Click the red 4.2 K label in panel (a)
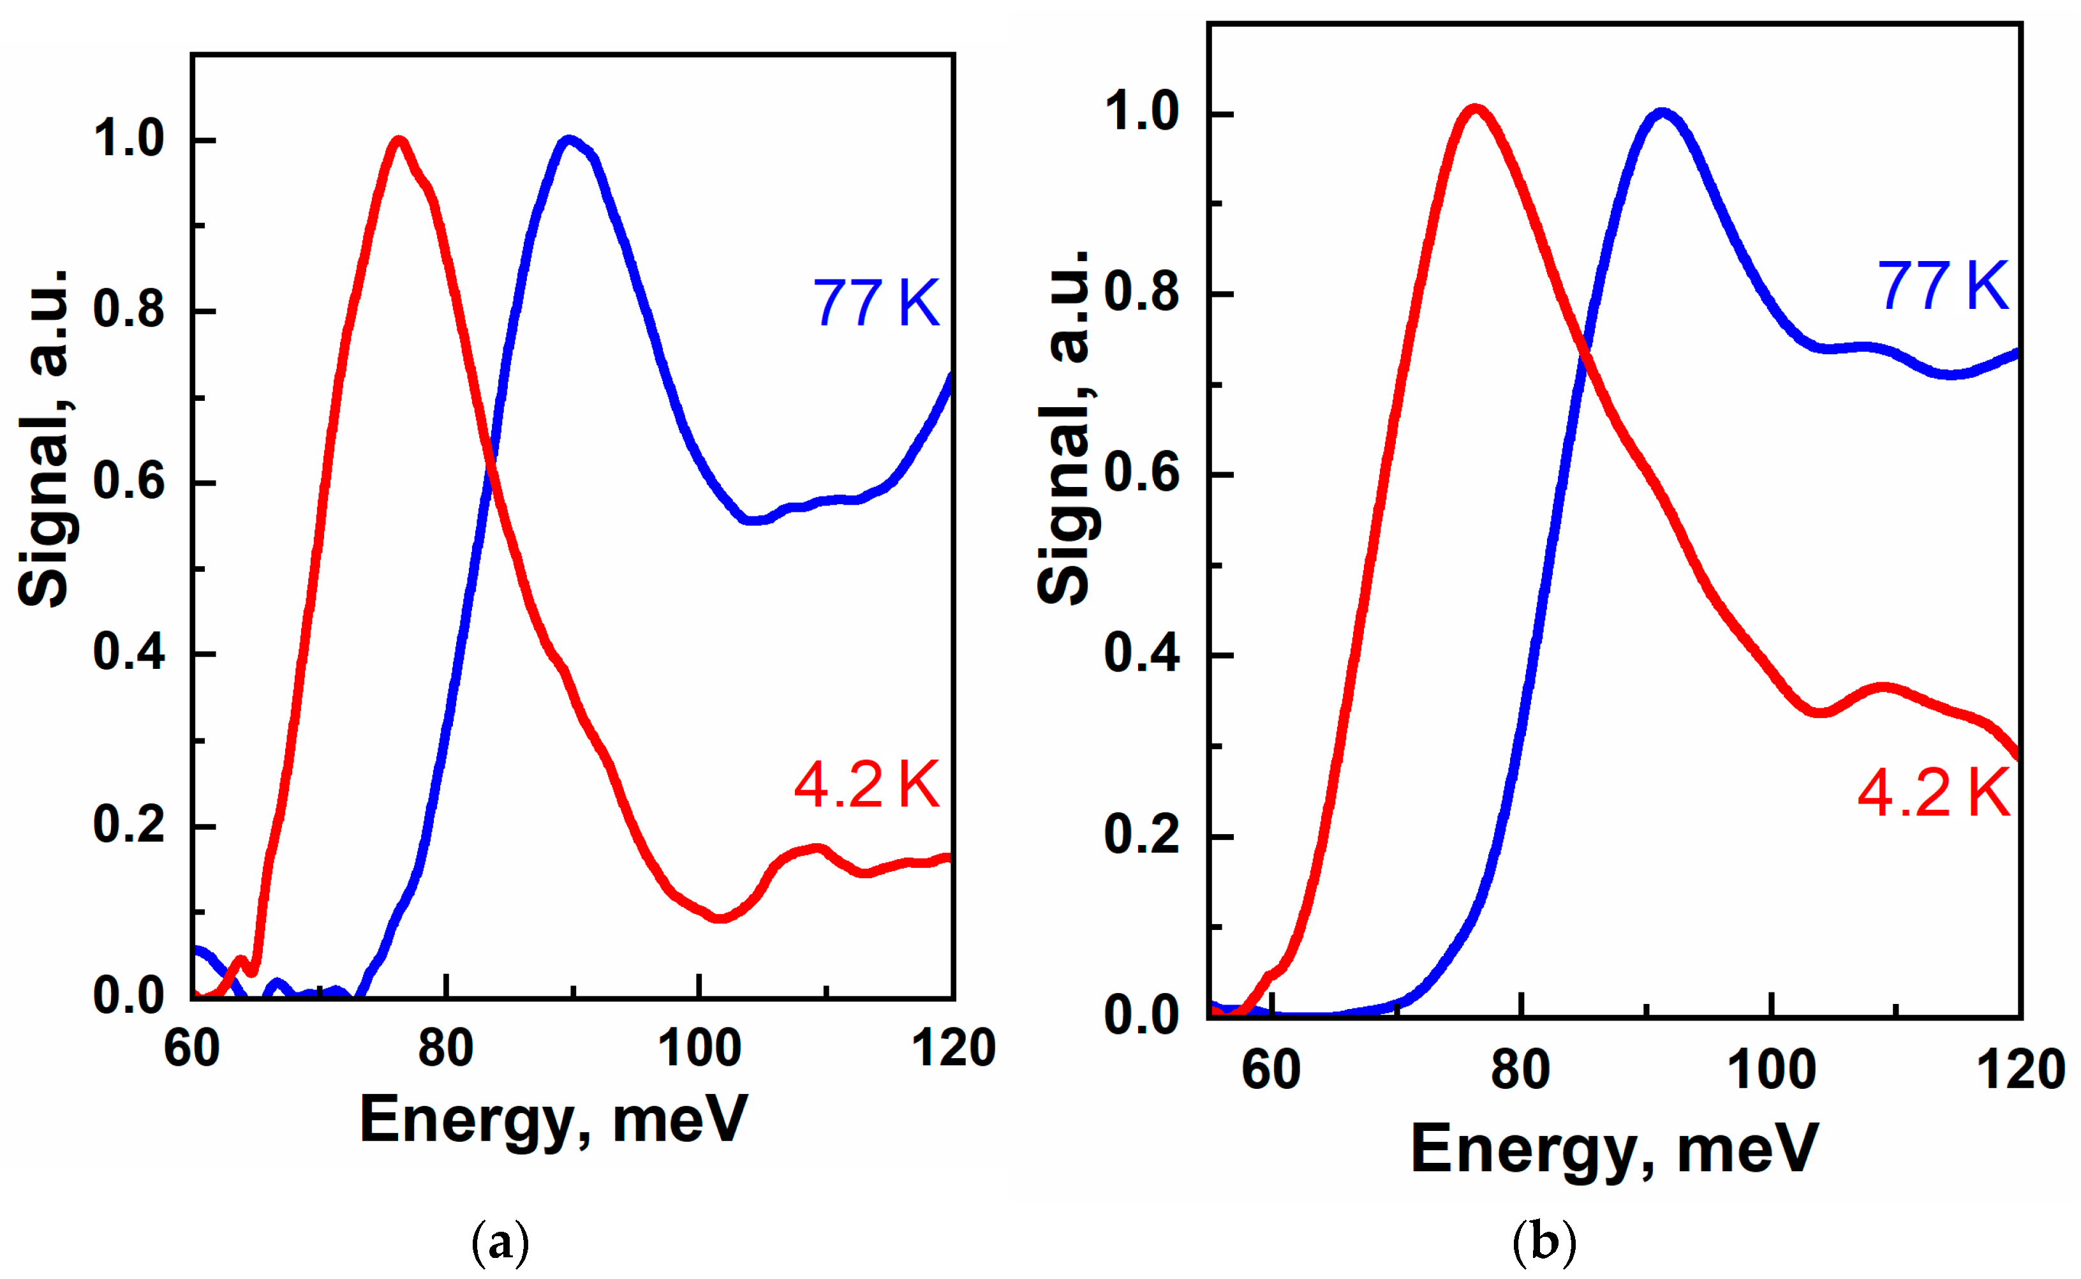867,785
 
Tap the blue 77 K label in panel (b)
1943,286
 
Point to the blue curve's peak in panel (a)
568,140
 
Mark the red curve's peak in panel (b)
1476,110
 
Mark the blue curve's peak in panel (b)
1663,114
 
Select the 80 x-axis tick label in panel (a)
446,1049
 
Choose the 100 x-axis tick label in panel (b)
1771,1070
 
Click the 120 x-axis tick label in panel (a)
953,1049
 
